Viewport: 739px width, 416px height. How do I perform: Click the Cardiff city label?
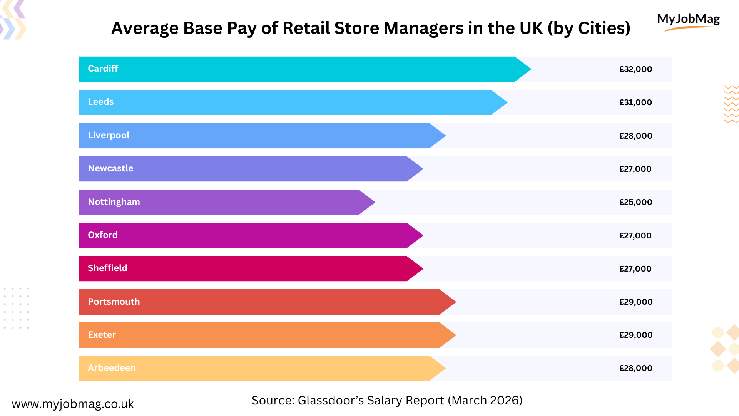point(103,69)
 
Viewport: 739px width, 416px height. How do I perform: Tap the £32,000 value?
point(635,69)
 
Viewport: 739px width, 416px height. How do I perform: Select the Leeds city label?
point(100,102)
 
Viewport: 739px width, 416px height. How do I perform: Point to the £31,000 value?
point(635,102)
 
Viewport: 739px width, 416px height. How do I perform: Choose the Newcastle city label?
point(110,168)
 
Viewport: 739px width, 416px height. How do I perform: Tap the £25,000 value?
point(635,202)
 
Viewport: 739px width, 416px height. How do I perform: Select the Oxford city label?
point(103,235)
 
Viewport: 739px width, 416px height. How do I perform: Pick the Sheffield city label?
point(107,268)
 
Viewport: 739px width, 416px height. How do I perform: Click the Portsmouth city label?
point(114,302)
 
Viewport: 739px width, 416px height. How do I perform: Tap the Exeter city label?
point(102,335)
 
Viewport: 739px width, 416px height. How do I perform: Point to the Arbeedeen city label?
point(112,368)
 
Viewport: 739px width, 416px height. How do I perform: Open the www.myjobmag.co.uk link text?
point(73,404)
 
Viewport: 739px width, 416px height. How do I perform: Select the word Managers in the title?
point(423,28)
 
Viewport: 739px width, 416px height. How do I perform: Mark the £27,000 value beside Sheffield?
point(635,269)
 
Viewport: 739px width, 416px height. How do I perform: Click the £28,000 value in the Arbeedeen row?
point(635,368)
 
